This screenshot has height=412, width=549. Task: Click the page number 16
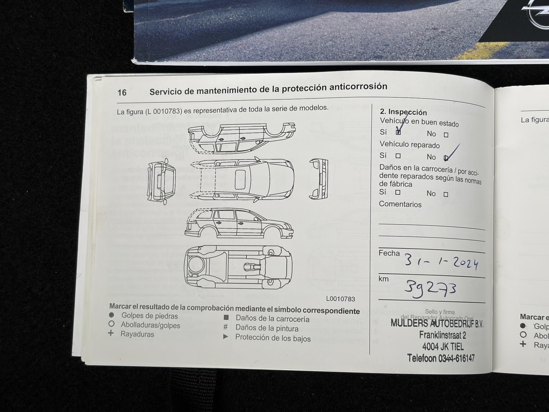pos(122,93)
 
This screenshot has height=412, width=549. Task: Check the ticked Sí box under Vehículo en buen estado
pos(398,132)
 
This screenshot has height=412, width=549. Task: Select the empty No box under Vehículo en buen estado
pos(446,135)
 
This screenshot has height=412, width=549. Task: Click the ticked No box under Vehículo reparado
pos(446,158)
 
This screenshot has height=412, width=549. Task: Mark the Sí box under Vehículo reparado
pos(398,156)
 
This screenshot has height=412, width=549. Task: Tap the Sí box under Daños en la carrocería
pos(398,192)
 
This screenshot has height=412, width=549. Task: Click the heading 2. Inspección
pos(403,112)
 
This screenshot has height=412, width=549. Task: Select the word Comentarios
pos(400,204)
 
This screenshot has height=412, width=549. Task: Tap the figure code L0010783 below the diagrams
pos(340,299)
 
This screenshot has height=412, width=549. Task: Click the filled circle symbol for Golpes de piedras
pos(112,315)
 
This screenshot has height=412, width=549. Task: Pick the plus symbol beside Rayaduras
pos(111,333)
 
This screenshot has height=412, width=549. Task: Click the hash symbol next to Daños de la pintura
pos(226,327)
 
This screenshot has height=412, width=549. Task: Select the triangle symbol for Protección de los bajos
pos(226,336)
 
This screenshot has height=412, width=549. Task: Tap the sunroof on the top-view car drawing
pos(240,179)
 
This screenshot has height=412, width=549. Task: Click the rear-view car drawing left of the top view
pos(161,181)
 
